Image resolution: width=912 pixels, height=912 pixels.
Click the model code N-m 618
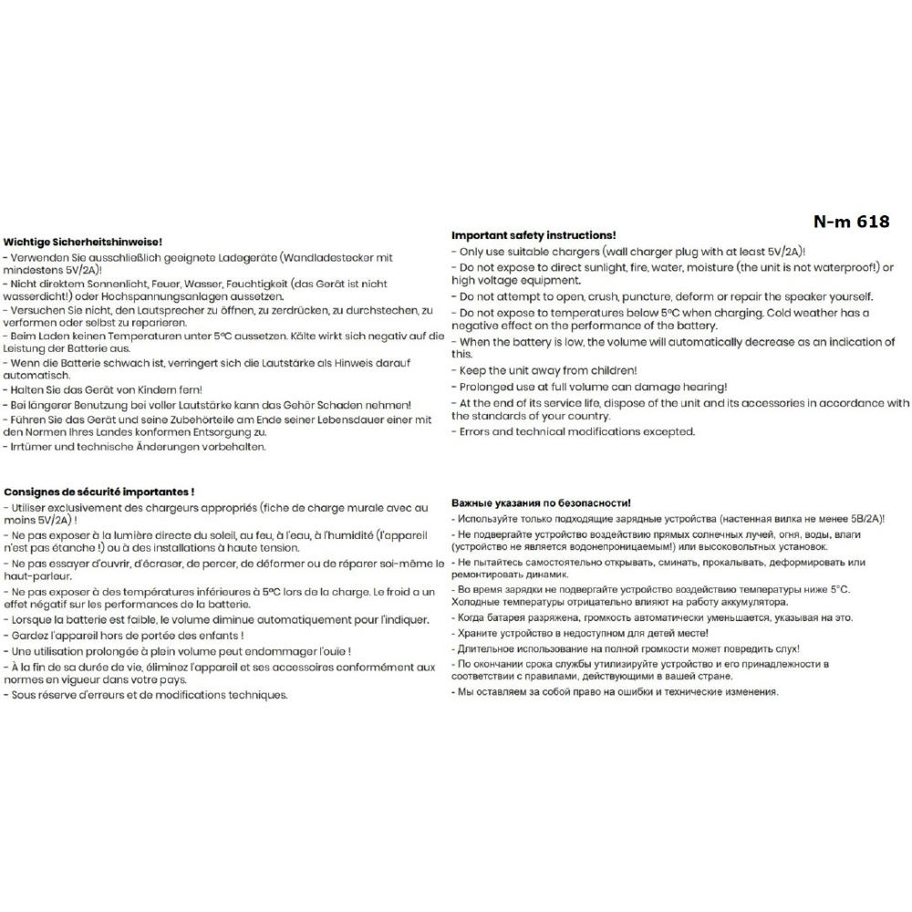click(851, 222)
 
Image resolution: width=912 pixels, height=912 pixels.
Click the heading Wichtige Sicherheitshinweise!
click(83, 242)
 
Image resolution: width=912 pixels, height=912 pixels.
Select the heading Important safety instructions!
click(534, 235)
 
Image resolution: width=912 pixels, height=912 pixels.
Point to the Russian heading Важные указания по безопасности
click(541, 503)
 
